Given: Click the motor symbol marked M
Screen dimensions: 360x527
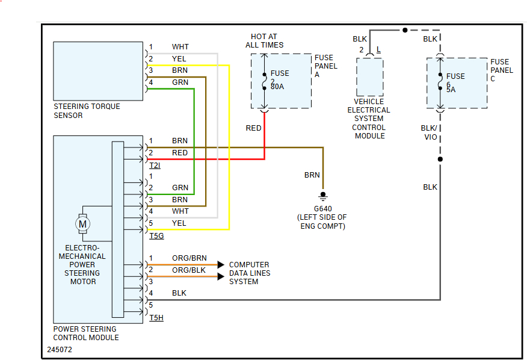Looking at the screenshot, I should point(83,224).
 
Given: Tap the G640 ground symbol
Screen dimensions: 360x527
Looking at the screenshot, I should point(323,195).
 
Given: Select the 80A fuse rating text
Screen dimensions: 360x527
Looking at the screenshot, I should point(277,87).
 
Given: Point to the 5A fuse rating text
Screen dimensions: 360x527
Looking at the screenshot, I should point(451,90).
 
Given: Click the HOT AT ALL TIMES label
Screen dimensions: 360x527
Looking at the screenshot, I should point(264,41).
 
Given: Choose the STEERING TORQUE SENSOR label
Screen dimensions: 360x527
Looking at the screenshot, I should point(87,111).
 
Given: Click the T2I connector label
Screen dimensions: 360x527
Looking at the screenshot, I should point(155,166).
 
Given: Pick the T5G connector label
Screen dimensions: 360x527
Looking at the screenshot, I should point(156,236).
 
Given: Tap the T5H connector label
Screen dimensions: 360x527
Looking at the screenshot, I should point(156,318).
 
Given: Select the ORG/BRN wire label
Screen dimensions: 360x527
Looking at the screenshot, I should point(189,258).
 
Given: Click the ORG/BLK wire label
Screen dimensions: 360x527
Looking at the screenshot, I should point(189,270).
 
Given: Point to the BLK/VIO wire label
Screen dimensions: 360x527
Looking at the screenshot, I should point(430,132).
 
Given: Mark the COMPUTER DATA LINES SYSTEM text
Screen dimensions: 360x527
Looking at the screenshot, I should point(250,273).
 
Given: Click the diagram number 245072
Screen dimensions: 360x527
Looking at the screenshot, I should point(60,349).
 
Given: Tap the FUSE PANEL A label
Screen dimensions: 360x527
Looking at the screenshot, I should point(326,66).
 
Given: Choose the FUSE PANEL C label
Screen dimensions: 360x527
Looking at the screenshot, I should point(502,70).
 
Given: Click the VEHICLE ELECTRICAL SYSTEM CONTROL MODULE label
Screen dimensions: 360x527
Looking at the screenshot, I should point(369,119).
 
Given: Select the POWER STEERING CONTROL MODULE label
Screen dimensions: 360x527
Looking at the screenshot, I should point(86,334).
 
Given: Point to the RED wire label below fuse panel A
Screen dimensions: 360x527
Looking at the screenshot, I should point(253,128).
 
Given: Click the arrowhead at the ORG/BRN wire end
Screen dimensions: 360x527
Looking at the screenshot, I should point(221,264).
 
